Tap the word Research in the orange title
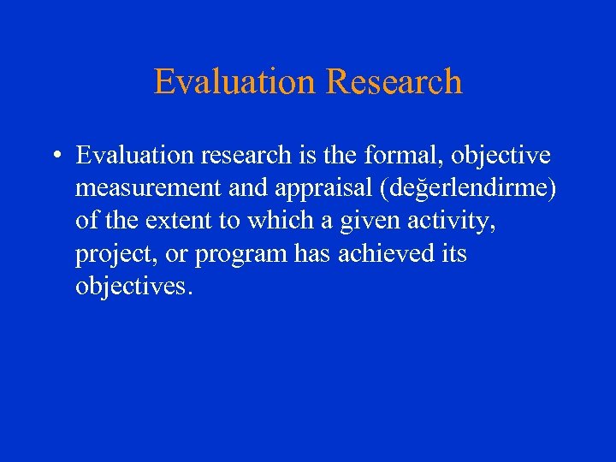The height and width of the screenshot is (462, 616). click(x=394, y=82)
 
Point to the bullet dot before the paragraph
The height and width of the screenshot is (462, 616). click(x=54, y=157)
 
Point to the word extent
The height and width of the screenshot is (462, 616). click(x=177, y=221)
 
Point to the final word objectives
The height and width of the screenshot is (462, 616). click(x=133, y=286)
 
